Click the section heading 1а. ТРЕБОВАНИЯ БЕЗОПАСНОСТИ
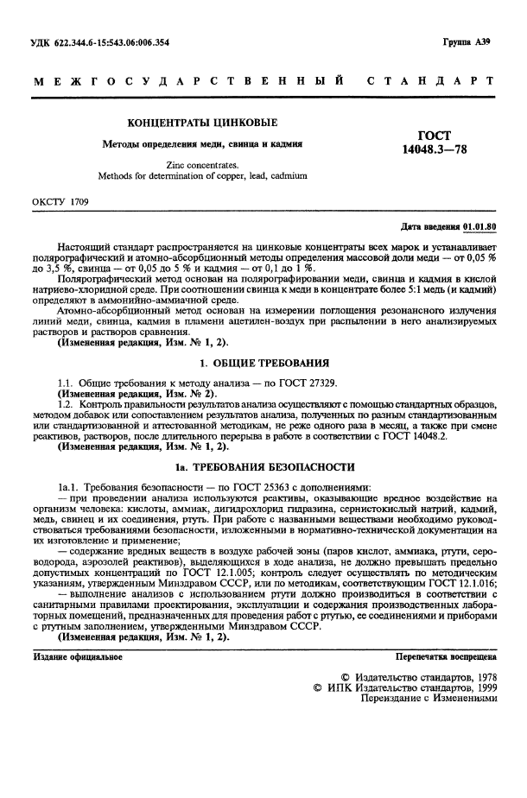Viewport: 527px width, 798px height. click(264, 467)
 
